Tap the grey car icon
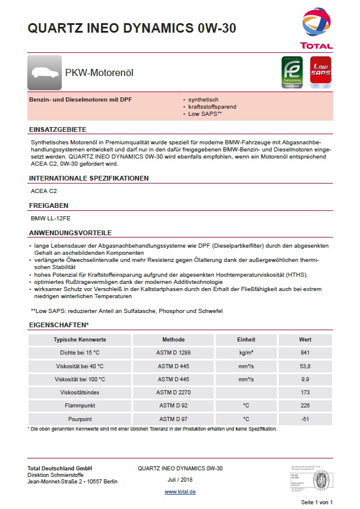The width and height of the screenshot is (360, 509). pos(45,72)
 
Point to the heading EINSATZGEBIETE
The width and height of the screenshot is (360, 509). pos(58,129)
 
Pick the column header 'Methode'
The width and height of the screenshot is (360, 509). pos(173,340)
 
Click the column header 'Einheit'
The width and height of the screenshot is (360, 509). pos(246,340)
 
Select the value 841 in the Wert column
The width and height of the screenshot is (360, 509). pos(305,353)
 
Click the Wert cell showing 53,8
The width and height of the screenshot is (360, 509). pos(305,366)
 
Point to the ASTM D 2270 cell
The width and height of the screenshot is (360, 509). pos(173,393)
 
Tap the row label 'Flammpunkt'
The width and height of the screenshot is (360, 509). pos(80,406)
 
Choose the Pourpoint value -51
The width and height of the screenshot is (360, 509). pos(305,419)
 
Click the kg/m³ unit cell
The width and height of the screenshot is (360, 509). pos(246,353)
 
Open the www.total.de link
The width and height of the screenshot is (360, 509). pos(180,492)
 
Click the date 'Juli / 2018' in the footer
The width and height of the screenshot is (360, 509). pos(180,480)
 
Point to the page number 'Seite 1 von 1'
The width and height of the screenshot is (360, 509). pos(317,502)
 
